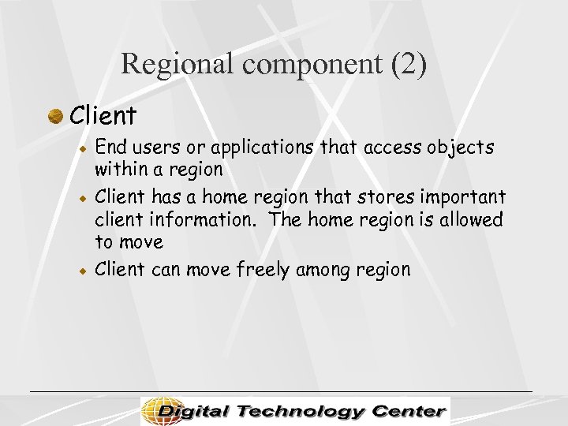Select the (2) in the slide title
[x=409, y=64]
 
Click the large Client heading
[x=103, y=116]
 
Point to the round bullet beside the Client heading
[x=55, y=117]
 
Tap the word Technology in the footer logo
[x=299, y=412]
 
